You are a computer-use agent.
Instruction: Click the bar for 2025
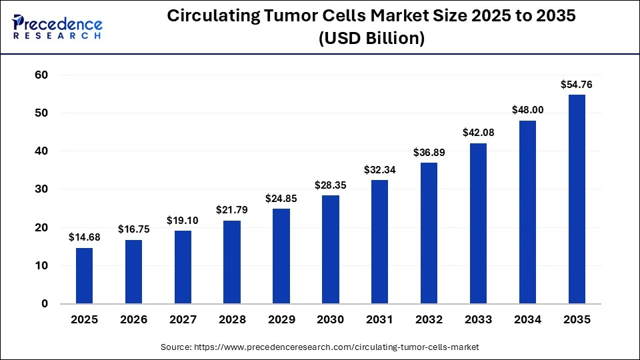click(84, 275)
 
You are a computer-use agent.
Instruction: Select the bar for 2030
click(330, 249)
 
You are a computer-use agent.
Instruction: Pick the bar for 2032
click(429, 233)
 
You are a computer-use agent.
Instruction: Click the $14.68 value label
click(84, 237)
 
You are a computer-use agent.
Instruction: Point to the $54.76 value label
click(577, 85)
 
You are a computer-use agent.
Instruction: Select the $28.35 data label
click(330, 185)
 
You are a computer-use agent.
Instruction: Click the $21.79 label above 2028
click(232, 210)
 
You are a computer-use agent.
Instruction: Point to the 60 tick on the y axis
click(41, 75)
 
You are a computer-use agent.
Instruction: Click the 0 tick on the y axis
click(45, 304)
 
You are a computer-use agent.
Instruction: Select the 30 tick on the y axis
click(41, 189)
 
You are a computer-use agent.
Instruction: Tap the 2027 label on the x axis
click(183, 320)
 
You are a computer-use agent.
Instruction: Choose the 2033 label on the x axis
click(478, 320)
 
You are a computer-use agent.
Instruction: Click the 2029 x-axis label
click(281, 320)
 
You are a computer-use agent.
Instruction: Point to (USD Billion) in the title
click(371, 39)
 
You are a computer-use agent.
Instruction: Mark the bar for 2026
click(133, 271)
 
